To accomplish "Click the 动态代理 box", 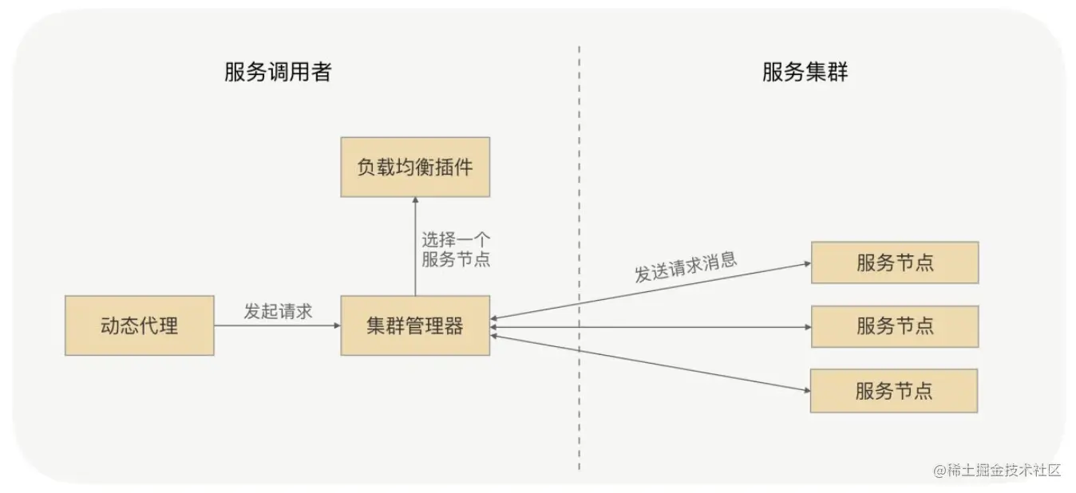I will pos(139,325).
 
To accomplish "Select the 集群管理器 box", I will pos(415,325).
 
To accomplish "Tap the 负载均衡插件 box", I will pos(415,167).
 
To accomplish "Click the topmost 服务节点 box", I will pos(894,262).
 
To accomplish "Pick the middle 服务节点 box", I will pos(894,326).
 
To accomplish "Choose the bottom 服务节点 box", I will pos(893,391).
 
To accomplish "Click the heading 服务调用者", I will pos(278,73).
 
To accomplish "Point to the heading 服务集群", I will pos(805,73).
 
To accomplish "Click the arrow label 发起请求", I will pos(277,311).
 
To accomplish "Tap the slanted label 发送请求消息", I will pos(685,269).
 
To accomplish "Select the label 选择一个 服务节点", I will pos(456,249).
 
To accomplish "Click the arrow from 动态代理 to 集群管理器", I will pos(277,325).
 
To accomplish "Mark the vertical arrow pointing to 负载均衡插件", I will pos(415,247).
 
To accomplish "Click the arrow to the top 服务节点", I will pos(651,291).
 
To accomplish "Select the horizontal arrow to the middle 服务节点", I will pos(651,326).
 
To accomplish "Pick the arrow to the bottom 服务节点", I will pos(651,363).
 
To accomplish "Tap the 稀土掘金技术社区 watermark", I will pos(997,470).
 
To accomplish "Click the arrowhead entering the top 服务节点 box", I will pos(805,263).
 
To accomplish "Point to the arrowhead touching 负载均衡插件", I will pos(415,202).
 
